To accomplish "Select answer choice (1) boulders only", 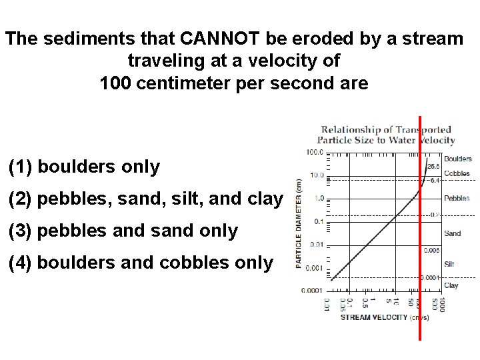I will (x=84, y=167).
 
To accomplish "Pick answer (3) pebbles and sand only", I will (x=123, y=231).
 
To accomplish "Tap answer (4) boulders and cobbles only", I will (x=141, y=263).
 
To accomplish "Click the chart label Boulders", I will (x=457, y=159).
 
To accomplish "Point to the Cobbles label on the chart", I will (x=457, y=173).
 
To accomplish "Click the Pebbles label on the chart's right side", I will (x=457, y=198).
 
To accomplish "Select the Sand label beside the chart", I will (x=451, y=233).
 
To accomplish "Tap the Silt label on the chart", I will (x=449, y=264).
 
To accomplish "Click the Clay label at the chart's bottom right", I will (x=451, y=285).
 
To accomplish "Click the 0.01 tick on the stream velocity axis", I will (x=327, y=305).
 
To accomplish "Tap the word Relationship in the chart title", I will (x=350, y=129).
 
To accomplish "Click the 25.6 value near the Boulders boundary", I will (x=433, y=165).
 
